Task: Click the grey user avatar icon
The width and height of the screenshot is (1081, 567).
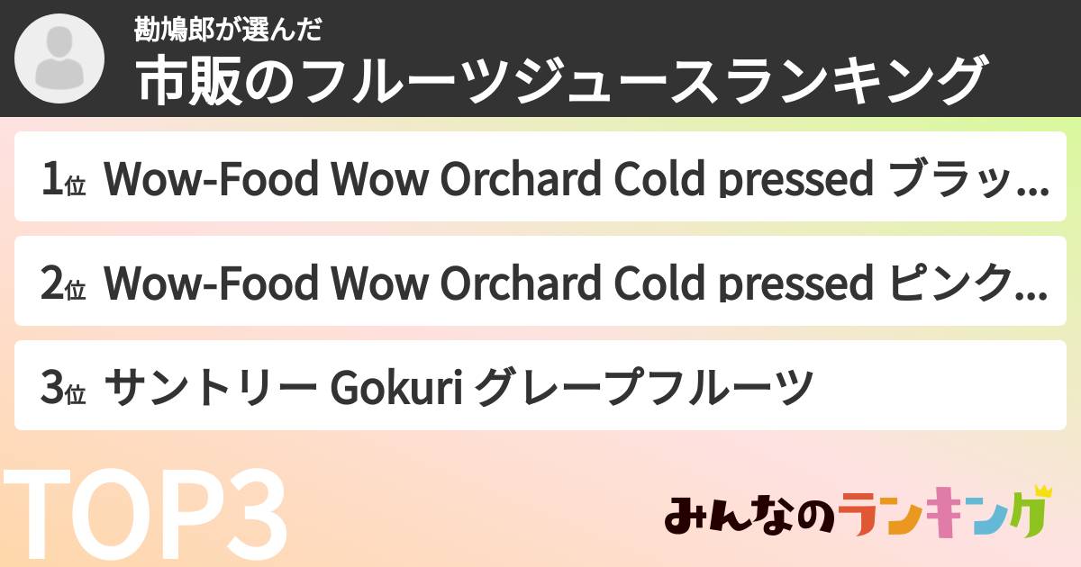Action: (59, 58)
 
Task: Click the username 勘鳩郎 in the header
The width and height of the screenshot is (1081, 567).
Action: (174, 30)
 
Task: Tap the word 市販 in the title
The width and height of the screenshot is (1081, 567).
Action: (188, 80)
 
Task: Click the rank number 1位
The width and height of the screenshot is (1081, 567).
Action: (63, 179)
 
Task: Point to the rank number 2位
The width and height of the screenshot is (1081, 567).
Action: (63, 283)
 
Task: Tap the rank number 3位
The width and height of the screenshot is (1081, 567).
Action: (63, 387)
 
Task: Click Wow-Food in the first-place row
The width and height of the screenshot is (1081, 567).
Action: (211, 178)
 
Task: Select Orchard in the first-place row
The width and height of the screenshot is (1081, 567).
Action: (521, 178)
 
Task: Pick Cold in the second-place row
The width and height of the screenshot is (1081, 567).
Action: (659, 283)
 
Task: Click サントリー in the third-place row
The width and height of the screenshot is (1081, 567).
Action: (211, 387)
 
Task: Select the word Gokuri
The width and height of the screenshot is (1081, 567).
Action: (396, 387)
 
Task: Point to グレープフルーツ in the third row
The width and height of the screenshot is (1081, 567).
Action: (644, 387)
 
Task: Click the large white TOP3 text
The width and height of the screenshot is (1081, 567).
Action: (145, 514)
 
